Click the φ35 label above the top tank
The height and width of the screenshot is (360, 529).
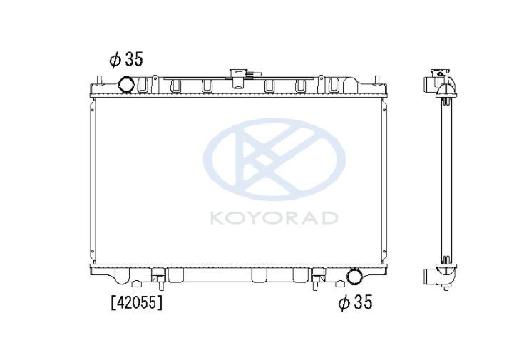(126, 59)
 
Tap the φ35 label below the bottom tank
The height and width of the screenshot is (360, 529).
(355, 302)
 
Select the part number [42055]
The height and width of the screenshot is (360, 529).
(137, 302)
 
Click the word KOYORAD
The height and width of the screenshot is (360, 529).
(274, 218)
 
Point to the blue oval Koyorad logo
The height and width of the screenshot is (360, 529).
(274, 159)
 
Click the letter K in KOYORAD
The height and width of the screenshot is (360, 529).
(217, 218)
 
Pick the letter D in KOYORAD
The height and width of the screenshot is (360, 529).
(329, 218)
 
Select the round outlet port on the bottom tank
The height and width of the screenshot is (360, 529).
(354, 275)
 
